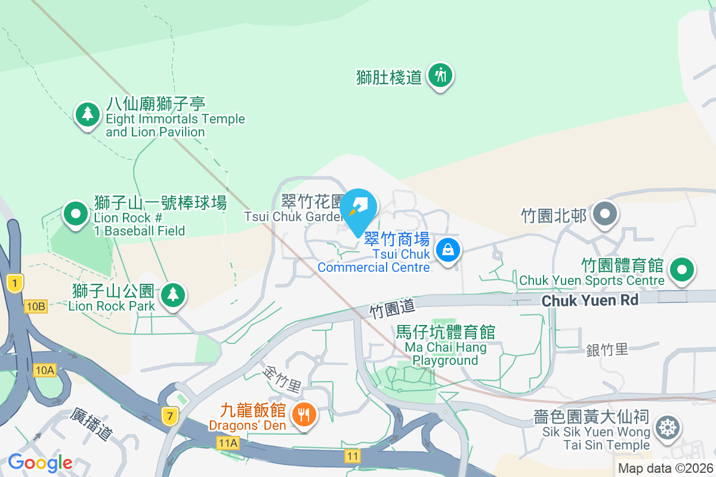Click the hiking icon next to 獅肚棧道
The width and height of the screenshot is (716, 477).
(x=441, y=76)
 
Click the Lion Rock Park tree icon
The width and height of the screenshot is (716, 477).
(x=173, y=294)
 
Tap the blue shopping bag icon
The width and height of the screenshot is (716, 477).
(x=448, y=250)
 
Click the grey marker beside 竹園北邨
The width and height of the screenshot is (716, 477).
(x=606, y=213)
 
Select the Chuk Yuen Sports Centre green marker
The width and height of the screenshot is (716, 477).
(x=681, y=270)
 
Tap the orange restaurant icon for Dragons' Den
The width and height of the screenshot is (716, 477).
(x=305, y=414)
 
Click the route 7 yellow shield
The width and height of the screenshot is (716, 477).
(x=169, y=416)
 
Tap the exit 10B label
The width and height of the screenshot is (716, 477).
(x=35, y=306)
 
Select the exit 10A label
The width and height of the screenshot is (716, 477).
(x=45, y=371)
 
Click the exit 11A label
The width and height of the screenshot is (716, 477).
(x=227, y=442)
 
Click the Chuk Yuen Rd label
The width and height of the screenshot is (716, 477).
(x=590, y=301)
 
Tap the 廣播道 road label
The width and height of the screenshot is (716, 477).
(x=91, y=425)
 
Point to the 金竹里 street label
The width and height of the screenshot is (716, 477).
(x=282, y=379)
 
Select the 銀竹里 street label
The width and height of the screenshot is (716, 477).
(x=607, y=349)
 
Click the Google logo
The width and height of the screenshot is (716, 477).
(x=40, y=462)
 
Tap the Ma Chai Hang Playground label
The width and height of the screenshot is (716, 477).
(x=445, y=346)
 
